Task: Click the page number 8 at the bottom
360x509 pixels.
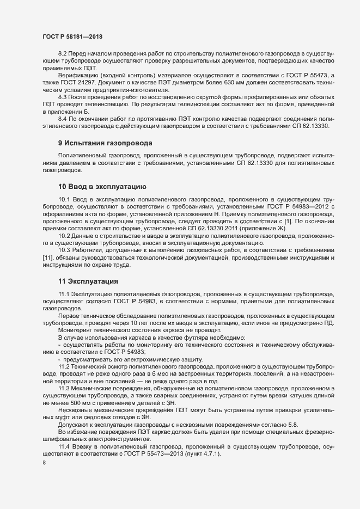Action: [x=44, y=464]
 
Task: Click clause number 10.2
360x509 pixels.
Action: [x=65, y=236]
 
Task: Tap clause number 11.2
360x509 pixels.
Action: [x=65, y=367]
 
